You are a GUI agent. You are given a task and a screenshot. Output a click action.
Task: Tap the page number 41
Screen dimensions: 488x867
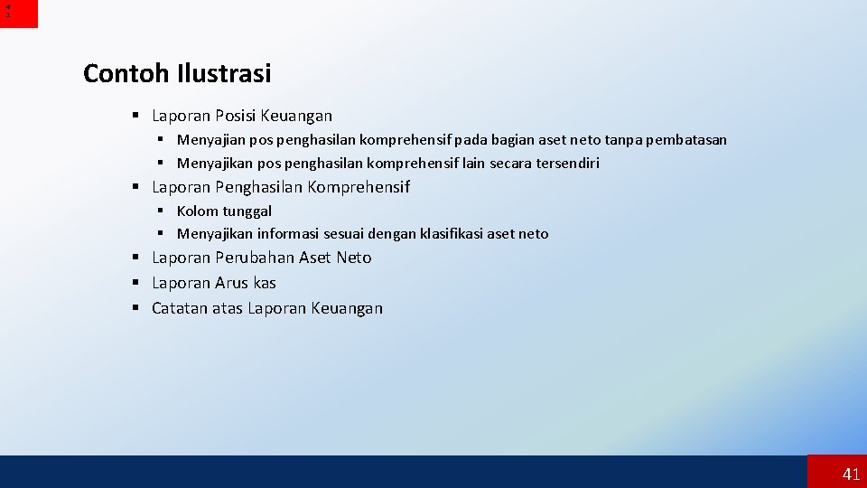[851, 474]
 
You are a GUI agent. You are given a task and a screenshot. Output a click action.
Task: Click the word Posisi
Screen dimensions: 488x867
[236, 116]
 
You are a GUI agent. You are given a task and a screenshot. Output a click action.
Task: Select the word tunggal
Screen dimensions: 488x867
[248, 211]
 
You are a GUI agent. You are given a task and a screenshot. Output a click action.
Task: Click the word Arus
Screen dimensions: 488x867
[231, 283]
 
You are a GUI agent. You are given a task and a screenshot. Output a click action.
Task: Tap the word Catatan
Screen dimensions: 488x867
[180, 308]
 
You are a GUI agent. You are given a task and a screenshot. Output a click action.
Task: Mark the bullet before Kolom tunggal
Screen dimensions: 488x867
[160, 211]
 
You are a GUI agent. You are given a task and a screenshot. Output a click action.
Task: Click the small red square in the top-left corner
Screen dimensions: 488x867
[19, 14]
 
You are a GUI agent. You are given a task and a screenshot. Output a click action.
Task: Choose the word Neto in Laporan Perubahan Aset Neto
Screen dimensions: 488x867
[353, 258]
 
